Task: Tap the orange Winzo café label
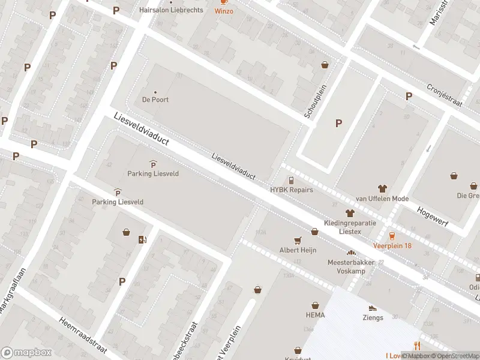point(224,11)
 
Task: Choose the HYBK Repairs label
point(292,190)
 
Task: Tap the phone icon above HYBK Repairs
point(292,180)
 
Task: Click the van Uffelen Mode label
point(382,199)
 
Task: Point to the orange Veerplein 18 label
point(392,245)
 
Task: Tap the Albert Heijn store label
point(298,250)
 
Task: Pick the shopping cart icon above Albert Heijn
point(298,240)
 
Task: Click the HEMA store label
point(315,315)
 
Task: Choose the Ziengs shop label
point(373,317)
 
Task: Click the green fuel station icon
point(142,239)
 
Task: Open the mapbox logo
point(26,352)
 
